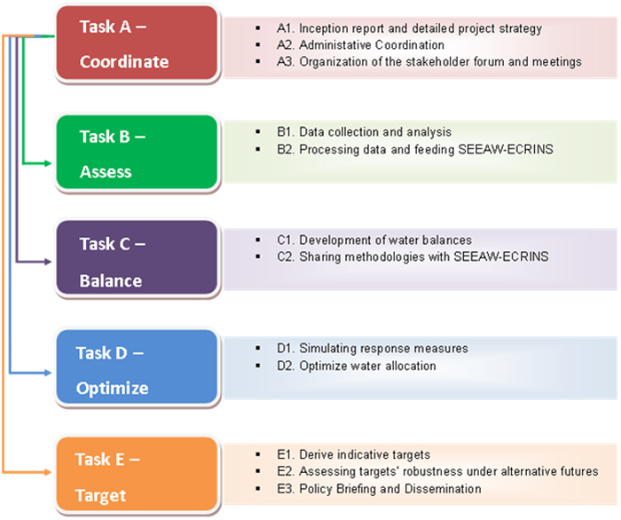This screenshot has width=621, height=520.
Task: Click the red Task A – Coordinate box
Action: coord(137,43)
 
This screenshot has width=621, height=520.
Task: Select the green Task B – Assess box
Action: coord(137,152)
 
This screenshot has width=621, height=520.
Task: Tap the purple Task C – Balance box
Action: coord(137,257)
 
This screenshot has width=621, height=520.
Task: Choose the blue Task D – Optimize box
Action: coord(137,366)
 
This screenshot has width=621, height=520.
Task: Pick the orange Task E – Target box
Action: coord(137,474)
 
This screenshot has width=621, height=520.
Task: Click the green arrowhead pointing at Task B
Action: coord(48,163)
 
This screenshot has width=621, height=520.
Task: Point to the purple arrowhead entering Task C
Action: coord(48,262)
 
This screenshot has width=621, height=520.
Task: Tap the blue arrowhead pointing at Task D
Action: coord(48,373)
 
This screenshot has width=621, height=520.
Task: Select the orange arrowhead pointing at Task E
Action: coord(48,472)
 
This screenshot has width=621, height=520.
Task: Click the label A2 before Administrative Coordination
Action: coord(285,45)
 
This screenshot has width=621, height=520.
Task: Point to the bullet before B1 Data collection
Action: coord(258,131)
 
